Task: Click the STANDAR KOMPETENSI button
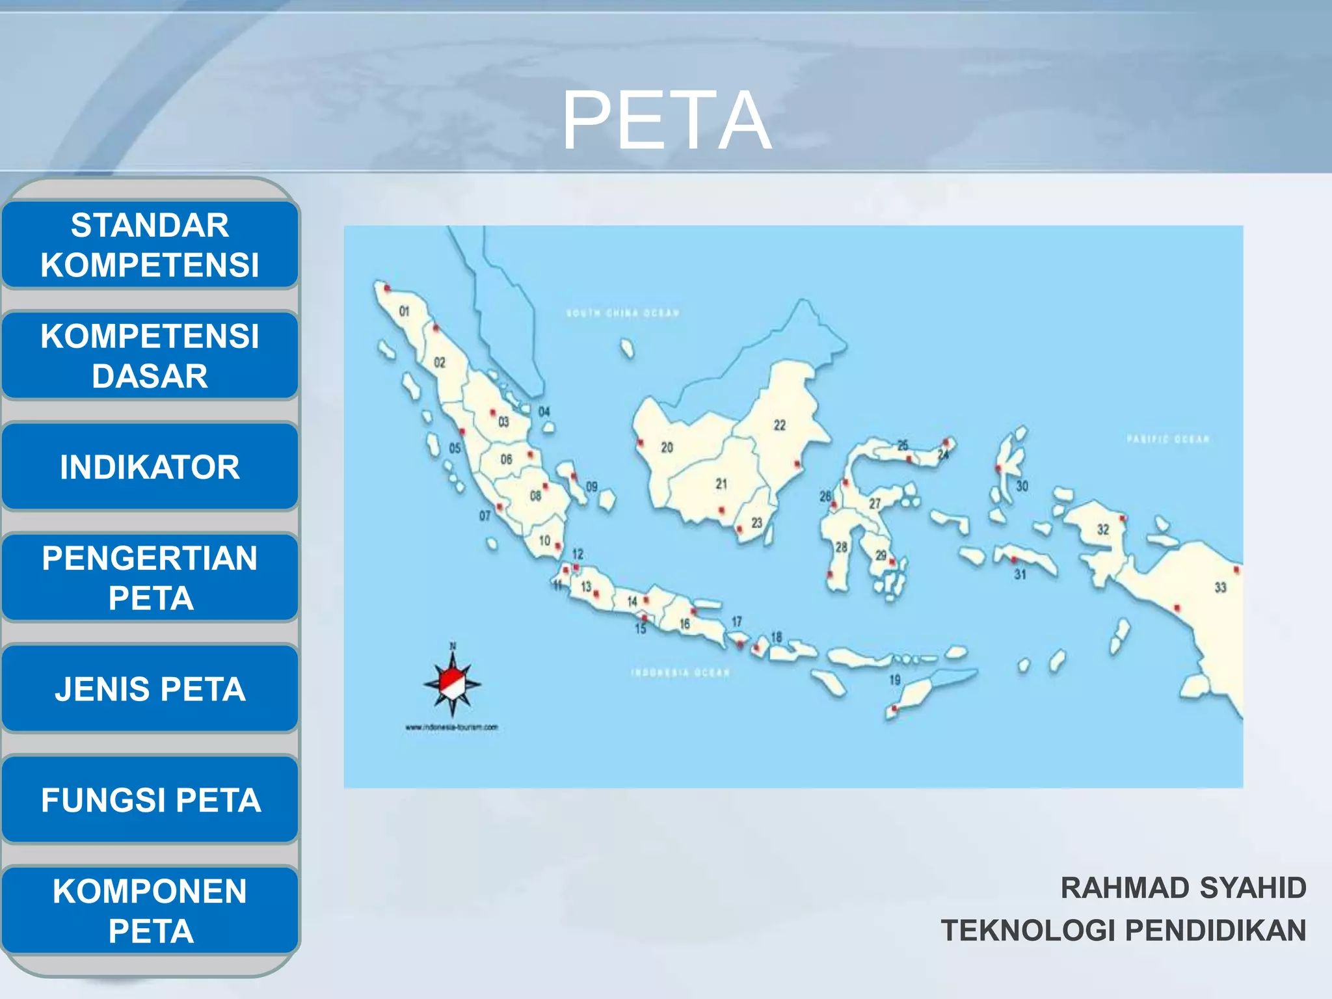[x=150, y=245]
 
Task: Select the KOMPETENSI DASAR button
[x=150, y=356]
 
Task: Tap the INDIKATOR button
[x=150, y=467]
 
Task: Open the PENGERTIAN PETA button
[x=150, y=578]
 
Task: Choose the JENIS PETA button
[x=150, y=689]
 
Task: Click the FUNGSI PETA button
[x=150, y=800]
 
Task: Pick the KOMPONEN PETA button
[x=150, y=911]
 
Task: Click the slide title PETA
[x=666, y=121]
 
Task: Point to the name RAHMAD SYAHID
[x=1183, y=888]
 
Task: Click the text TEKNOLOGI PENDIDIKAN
[x=1123, y=930]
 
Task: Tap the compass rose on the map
[x=453, y=684]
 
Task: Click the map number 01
[x=404, y=312]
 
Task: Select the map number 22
[x=779, y=425]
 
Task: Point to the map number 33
[x=1220, y=587]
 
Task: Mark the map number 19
[x=895, y=680]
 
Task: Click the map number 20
[x=667, y=447]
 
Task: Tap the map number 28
[x=841, y=547]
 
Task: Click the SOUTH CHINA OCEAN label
[x=622, y=313]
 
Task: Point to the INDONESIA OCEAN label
[x=680, y=673]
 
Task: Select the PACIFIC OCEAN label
[x=1167, y=440]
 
